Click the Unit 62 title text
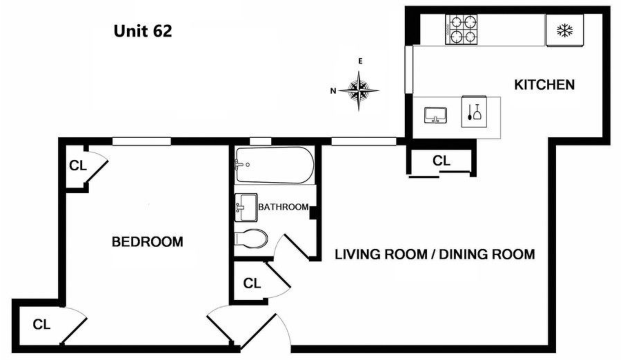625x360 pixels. tap(143, 31)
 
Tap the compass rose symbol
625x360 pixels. tap(359, 91)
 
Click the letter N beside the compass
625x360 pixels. tap(333, 91)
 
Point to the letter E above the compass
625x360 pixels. tap(360, 61)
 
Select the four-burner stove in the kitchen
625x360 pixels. tap(462, 29)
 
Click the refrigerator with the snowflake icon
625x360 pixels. tap(565, 30)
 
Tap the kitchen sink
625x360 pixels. tap(435, 115)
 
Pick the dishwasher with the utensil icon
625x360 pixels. tap(474, 111)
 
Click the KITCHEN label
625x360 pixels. tap(544, 85)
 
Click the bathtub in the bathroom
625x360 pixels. tap(275, 165)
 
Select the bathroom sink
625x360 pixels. tap(246, 207)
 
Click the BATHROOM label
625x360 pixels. tap(283, 207)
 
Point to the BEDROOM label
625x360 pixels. tap(147, 242)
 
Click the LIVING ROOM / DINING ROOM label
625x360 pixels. tap(435, 254)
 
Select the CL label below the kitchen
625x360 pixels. tap(442, 161)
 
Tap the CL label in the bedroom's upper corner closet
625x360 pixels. tap(78, 166)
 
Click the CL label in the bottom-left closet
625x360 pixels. tap(41, 324)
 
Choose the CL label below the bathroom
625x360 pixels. tap(252, 283)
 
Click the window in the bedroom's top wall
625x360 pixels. tap(142, 141)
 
